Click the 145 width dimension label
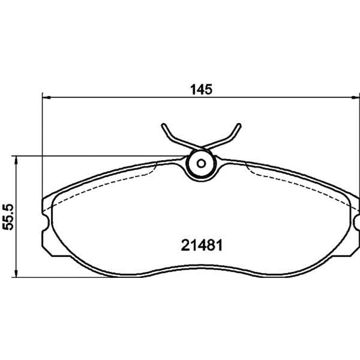(201, 90)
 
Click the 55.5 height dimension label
(8, 217)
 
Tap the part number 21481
(202, 245)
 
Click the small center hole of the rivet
(201, 164)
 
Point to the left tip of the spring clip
(163, 125)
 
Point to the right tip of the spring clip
(240, 125)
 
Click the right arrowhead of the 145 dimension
(356, 98)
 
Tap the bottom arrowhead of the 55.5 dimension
(16, 273)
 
